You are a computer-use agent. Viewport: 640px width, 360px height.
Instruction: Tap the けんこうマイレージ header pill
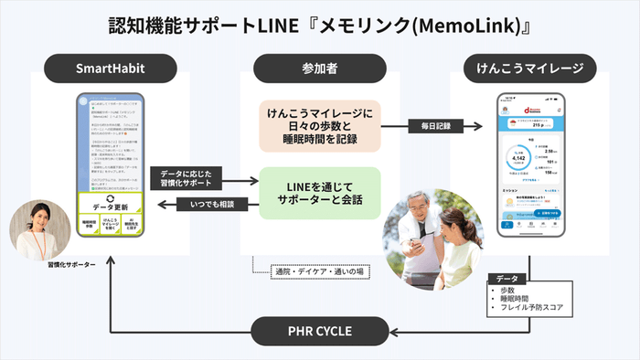coord(530,67)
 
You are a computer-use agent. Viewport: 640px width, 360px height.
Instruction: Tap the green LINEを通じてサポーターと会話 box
coord(318,193)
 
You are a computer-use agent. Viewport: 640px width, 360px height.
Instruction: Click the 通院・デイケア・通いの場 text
coord(316,270)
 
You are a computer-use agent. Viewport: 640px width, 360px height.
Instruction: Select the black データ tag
coord(507,276)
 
